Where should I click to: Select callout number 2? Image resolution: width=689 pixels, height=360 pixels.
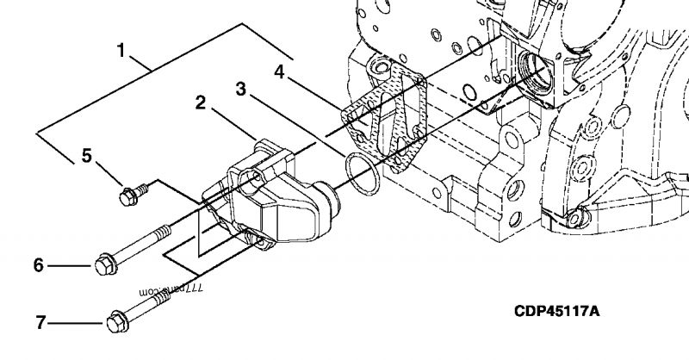199,103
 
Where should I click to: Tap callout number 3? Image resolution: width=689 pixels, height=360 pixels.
241,88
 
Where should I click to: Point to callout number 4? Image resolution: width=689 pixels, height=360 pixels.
280,70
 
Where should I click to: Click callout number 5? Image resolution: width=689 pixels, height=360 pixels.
86,155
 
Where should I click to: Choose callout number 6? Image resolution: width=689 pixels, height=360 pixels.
38,265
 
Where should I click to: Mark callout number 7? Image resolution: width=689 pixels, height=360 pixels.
40,324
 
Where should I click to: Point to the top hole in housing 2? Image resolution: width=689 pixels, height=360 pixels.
251,178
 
